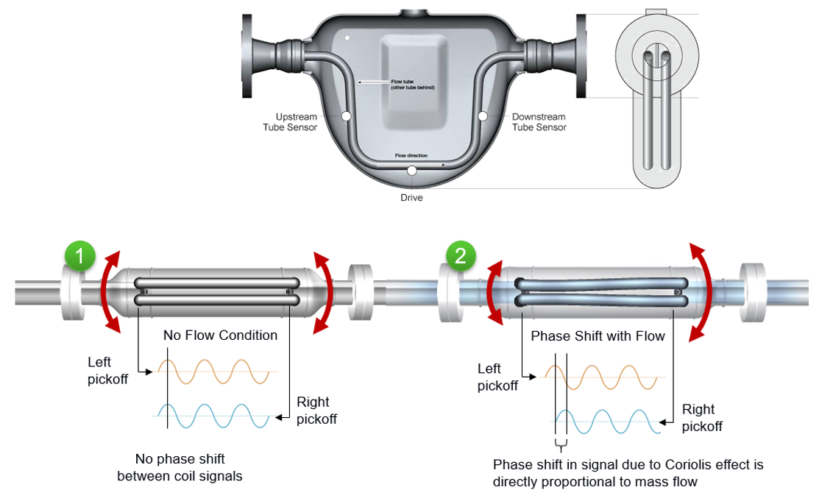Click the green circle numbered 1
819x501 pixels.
[81, 256]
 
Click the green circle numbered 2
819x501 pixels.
[461, 256]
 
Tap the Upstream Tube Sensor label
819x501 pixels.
[290, 122]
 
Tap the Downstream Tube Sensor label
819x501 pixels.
[539, 122]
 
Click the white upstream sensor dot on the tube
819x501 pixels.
[346, 116]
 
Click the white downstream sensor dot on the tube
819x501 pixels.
[483, 116]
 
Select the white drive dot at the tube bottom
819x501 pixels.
[411, 171]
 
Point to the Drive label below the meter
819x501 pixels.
[411, 197]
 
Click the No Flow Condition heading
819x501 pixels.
[220, 335]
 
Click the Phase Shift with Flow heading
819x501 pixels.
[598, 336]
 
